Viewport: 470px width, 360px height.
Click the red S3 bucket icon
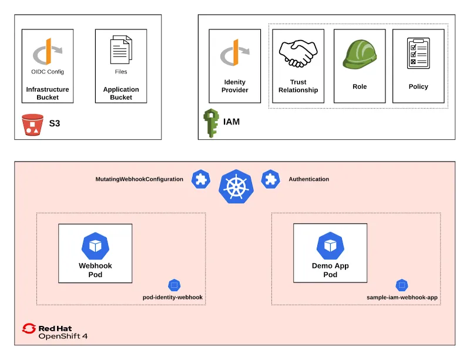pos(32,125)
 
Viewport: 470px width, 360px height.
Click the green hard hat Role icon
pos(359,54)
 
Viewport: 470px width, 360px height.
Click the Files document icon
pos(121,50)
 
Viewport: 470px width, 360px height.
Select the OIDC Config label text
pos(48,72)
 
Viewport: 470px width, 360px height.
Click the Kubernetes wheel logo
pos(236,186)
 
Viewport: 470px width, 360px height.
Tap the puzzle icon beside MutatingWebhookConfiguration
pos(201,179)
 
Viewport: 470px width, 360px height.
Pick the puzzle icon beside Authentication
pos(270,179)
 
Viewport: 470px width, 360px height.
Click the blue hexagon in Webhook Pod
pos(95,245)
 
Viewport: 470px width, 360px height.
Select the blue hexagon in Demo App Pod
pos(330,245)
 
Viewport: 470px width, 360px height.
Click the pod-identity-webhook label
pos(173,297)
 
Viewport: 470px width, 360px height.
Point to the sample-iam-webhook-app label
pos(402,297)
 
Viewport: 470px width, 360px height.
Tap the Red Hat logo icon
pos(29,328)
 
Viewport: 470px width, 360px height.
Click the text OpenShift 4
pos(63,337)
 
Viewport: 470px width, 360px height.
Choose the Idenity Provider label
pos(235,86)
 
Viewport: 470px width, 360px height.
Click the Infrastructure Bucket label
pos(48,93)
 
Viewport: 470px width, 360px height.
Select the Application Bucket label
pos(121,93)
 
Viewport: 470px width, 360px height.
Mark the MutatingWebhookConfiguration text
pos(139,179)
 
